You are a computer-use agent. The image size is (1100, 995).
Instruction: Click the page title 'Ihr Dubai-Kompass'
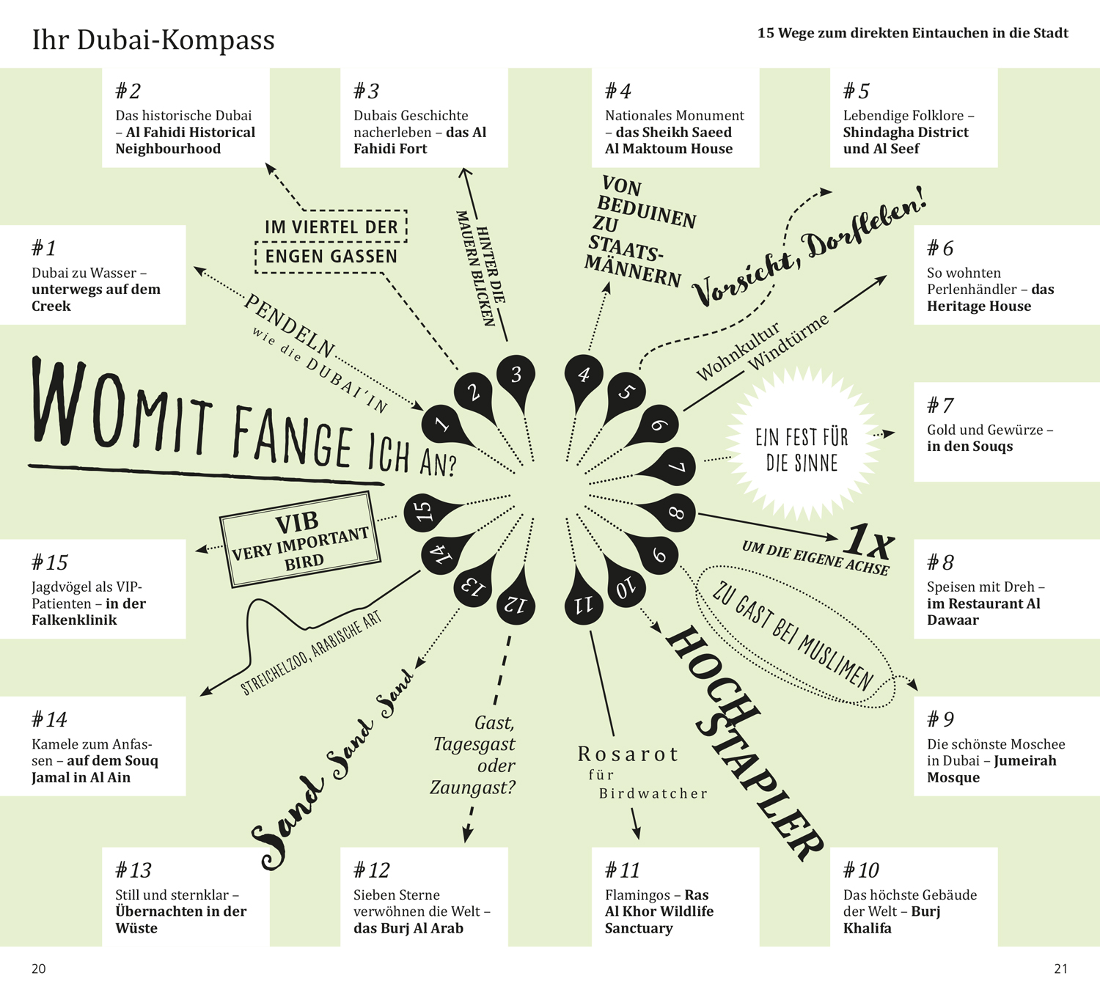click(x=153, y=40)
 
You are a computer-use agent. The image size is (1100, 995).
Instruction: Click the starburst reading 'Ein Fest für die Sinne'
click(x=802, y=449)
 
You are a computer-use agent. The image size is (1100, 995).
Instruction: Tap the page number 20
click(x=38, y=969)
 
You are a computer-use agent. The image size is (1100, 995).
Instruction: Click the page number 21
click(x=1060, y=969)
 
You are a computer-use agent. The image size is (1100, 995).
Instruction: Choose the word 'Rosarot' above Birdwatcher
click(x=628, y=754)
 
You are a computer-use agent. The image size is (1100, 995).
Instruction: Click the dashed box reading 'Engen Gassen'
click(x=331, y=257)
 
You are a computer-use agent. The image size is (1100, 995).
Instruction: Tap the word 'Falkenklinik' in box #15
click(x=74, y=620)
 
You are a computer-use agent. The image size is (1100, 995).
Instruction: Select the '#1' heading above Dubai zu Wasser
click(x=44, y=249)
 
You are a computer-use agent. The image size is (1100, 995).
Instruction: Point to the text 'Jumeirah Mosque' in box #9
click(x=991, y=769)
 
